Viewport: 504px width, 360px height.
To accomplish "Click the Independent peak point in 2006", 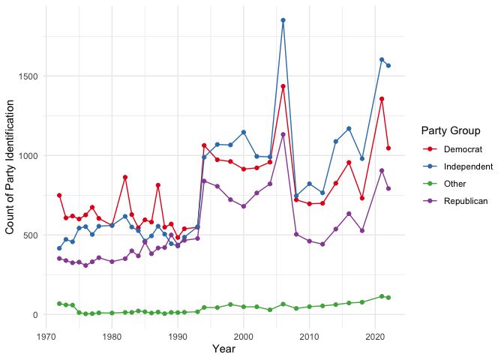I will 283,20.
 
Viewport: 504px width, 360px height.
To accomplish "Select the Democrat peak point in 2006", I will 283,86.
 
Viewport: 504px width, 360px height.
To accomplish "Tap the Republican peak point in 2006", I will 283,135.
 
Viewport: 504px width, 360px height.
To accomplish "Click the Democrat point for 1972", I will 59,195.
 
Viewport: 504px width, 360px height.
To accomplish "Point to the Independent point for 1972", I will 59,248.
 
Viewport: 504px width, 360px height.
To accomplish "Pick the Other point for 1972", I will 59,304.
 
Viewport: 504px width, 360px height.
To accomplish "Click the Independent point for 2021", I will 382,59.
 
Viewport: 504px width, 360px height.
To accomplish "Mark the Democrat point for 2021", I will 382,99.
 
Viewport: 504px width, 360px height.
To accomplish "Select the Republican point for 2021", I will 382,170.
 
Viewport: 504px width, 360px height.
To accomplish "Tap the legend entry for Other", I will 454,183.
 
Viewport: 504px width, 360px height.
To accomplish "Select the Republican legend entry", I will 465,200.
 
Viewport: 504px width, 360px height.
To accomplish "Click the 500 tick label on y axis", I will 34,235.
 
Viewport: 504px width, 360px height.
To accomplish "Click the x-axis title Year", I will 223,349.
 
